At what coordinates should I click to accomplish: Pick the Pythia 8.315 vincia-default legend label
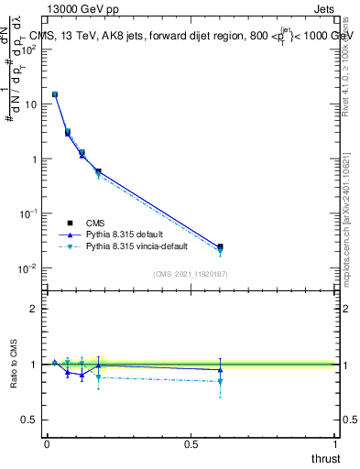point(143,246)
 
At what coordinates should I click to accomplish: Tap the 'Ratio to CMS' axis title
point(15,365)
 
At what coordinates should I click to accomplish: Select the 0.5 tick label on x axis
point(191,442)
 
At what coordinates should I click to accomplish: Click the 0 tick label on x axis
point(47,442)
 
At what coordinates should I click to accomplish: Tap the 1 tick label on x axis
point(335,442)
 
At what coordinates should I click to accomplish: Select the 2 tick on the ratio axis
point(34,309)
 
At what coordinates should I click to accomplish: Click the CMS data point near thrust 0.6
point(220,246)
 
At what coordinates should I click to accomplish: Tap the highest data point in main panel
point(55,94)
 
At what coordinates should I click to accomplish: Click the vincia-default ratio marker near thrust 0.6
point(220,381)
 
